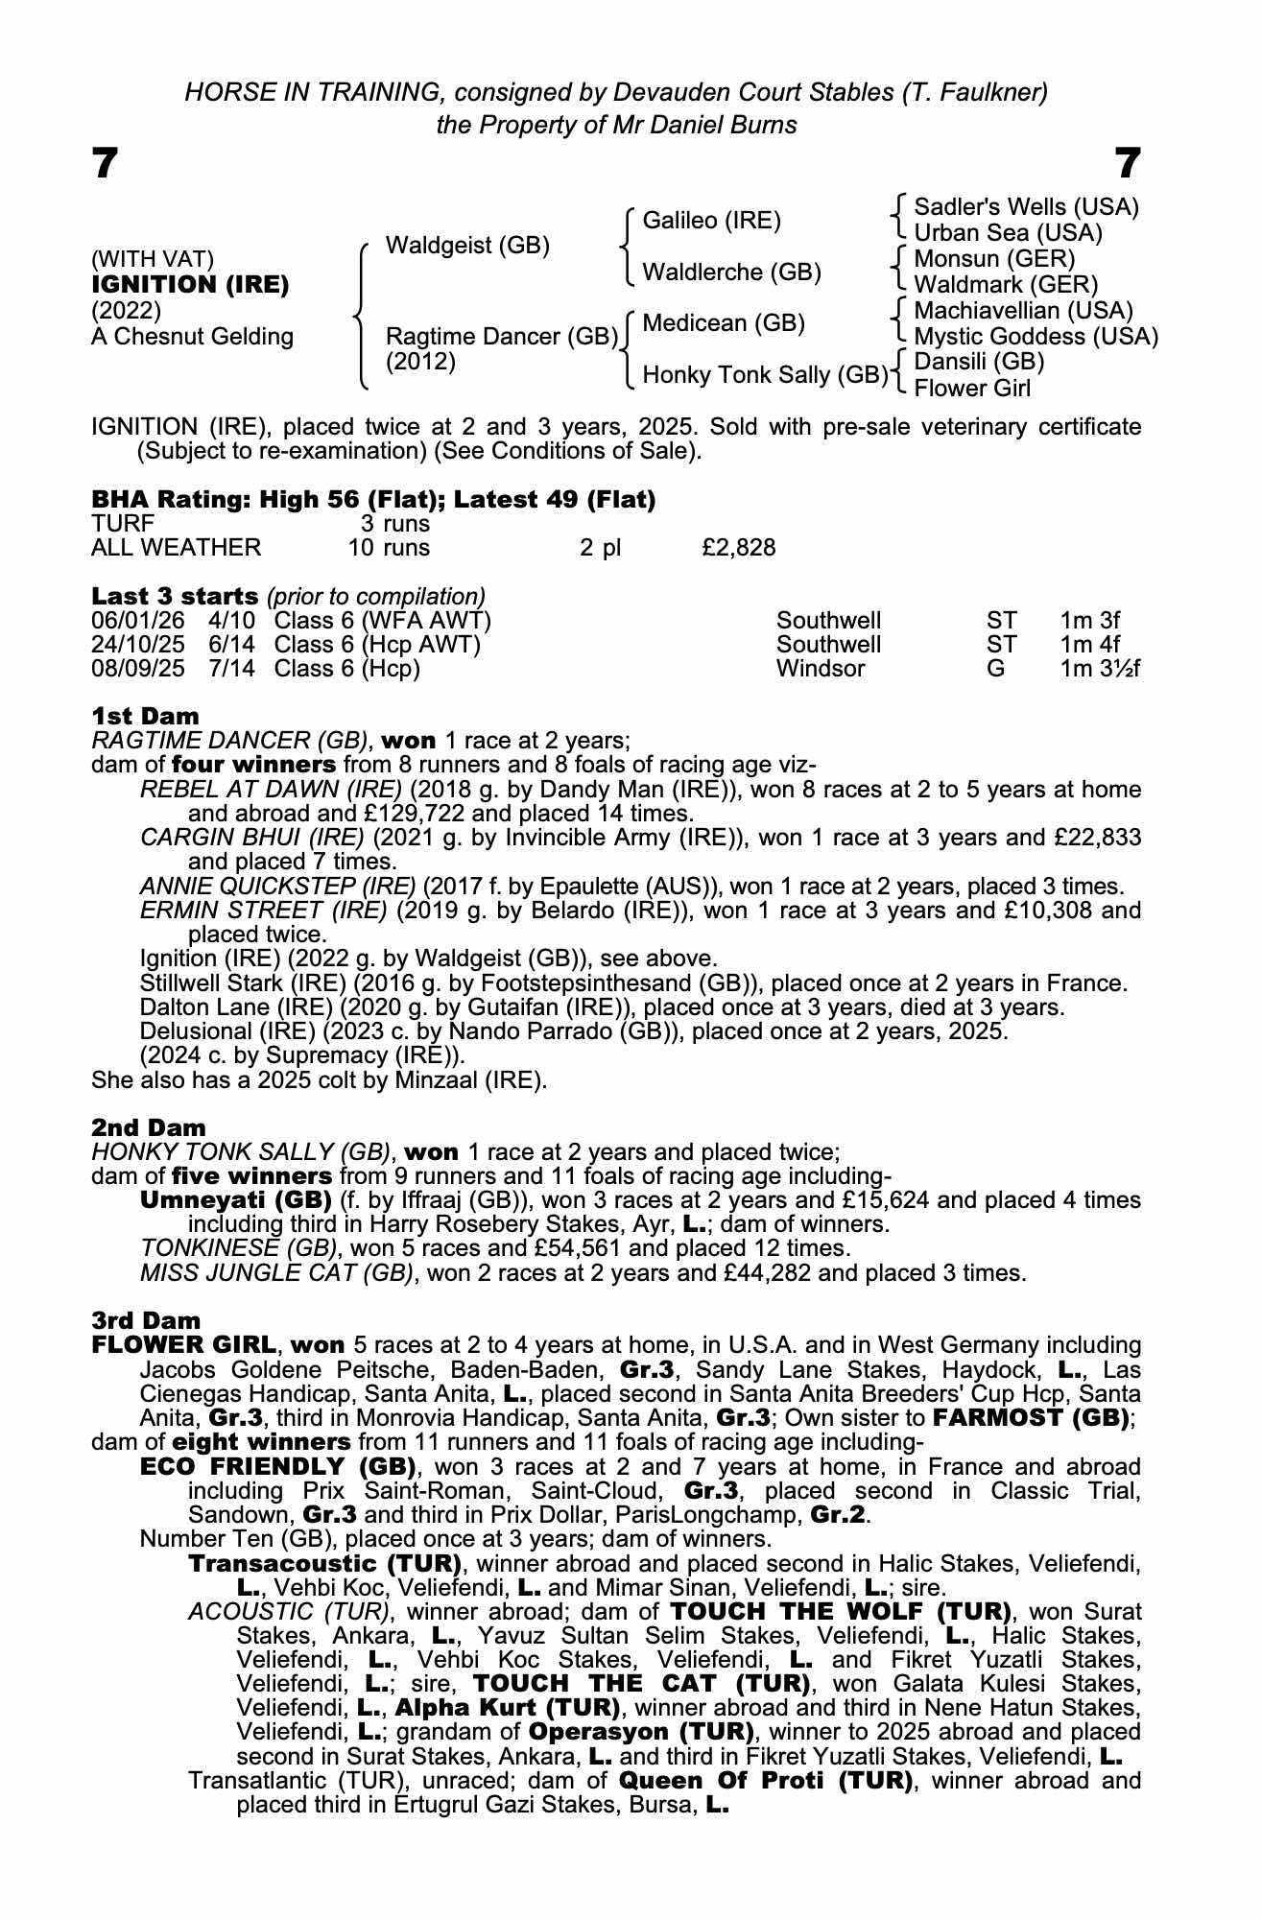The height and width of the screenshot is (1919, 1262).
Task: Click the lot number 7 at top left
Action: pos(105,164)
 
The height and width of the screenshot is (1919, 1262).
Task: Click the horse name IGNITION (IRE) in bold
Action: pos(190,285)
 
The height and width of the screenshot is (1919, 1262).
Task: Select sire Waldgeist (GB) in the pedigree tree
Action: pos(467,246)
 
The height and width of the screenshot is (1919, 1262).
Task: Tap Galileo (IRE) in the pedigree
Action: pos(712,221)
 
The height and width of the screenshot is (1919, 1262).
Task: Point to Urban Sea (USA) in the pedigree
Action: pos(1008,233)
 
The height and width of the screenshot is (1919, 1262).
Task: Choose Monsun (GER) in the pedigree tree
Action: pos(994,259)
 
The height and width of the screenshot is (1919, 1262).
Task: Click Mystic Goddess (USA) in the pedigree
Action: pos(1036,337)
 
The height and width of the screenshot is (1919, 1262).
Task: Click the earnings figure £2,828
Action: pos(738,548)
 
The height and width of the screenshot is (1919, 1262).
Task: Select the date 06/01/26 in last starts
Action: pos(137,621)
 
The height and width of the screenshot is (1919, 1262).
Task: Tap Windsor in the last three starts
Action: pos(821,669)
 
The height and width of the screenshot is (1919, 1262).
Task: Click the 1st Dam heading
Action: pos(146,716)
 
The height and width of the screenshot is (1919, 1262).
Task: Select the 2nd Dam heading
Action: pos(149,1127)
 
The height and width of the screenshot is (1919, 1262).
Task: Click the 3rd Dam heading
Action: pos(146,1321)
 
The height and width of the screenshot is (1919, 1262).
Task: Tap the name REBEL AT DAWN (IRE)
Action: pos(271,790)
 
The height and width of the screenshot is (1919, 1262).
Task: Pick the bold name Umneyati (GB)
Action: pos(236,1200)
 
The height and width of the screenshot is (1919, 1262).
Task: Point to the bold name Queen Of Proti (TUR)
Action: pos(765,1782)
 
